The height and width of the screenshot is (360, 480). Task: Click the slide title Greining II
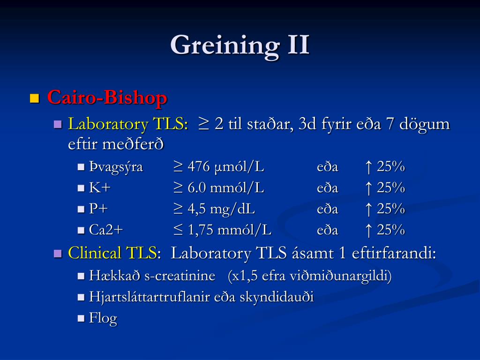pos(240,45)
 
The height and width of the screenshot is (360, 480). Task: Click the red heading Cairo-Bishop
pos(107,97)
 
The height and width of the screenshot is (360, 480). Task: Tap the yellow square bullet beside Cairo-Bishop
pos(35,98)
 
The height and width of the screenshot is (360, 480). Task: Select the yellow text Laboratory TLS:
pos(128,124)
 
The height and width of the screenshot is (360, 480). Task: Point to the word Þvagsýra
pos(116,167)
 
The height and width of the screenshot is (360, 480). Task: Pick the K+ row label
pos(99,187)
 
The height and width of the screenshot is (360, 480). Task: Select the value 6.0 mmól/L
pos(225,187)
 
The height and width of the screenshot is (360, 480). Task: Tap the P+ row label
pos(98,209)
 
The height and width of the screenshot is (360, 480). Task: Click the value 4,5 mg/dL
pos(221,209)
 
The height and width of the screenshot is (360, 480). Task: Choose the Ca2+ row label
pos(106,230)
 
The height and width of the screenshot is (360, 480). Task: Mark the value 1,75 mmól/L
pos(230,230)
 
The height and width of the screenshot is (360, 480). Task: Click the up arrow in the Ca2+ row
pos(368,230)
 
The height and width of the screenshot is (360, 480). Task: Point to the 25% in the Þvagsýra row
pos(391,167)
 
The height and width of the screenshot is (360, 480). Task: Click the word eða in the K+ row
pos(328,188)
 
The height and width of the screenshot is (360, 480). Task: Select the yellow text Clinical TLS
pos(112,253)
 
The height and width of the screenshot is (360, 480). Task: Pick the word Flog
pos(103,318)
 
